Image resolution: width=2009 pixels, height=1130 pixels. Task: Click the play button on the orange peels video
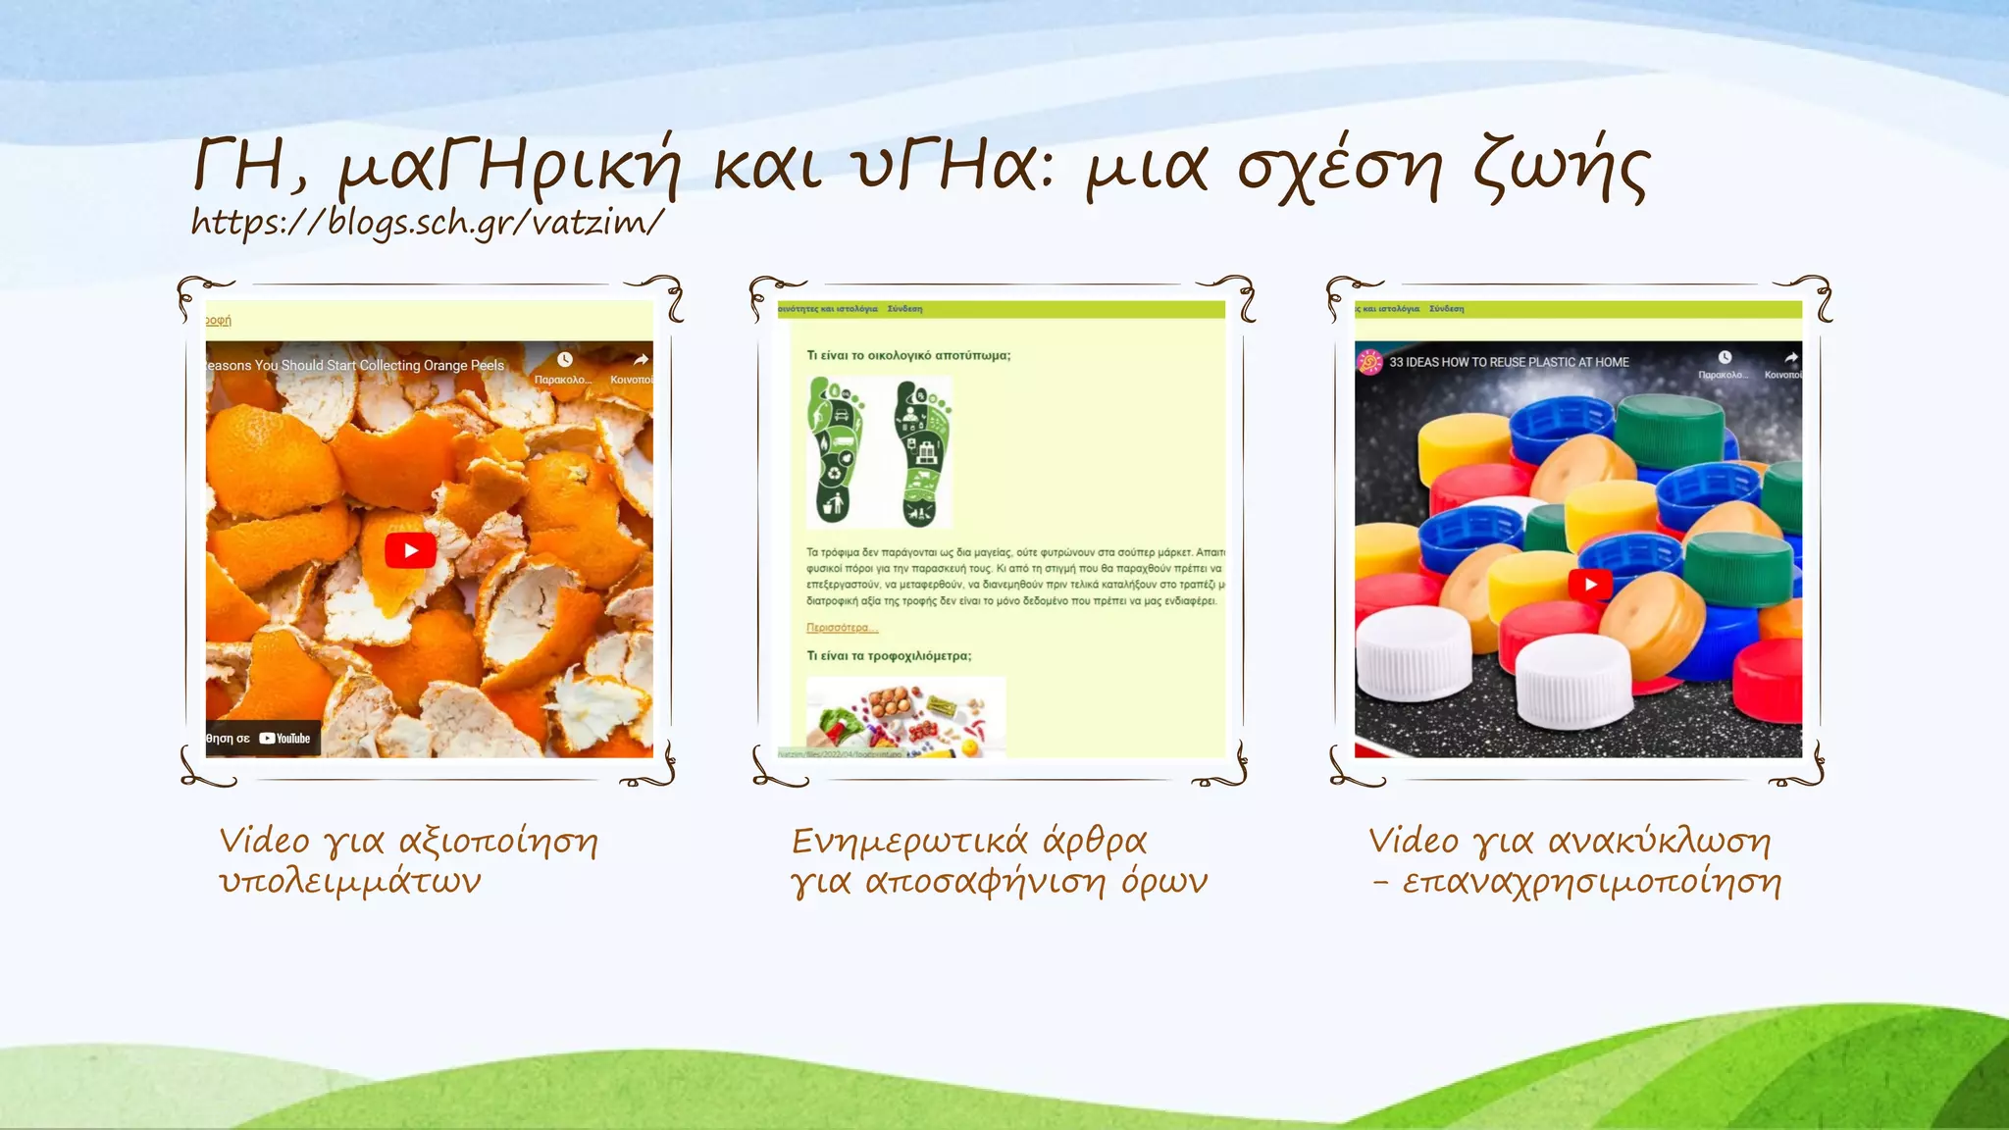[410, 550]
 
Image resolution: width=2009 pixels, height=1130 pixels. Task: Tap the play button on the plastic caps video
[1590, 585]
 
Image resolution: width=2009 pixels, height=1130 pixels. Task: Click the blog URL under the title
[428, 223]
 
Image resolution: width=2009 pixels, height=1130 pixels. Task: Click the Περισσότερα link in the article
[842, 628]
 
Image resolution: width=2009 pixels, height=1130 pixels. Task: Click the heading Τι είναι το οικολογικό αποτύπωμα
[908, 355]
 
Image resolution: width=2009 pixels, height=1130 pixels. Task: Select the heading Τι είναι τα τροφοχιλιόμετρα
[889, 656]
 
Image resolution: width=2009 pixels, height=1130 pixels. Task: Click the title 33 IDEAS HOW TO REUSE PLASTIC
[1509, 362]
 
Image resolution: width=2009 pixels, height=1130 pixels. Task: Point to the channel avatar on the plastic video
[1368, 362]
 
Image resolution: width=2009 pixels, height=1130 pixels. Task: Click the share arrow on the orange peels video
[640, 360]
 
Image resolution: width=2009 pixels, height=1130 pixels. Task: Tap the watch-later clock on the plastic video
[1725, 358]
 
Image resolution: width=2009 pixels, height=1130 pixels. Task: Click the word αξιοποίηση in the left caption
[498, 842]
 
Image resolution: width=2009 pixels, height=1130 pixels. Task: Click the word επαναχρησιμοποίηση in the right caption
[1591, 883]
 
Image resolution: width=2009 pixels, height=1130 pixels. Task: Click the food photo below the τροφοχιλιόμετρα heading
[905, 717]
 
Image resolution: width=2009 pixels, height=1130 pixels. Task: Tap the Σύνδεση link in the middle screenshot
[904, 309]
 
